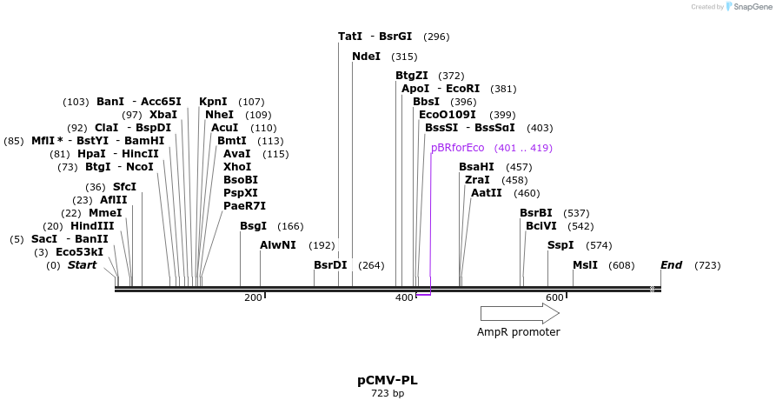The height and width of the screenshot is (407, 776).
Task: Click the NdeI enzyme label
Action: [366, 57]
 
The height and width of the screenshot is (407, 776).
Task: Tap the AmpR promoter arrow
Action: [520, 313]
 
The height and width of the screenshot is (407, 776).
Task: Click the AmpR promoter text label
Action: [519, 332]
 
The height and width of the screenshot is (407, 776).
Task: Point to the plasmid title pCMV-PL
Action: [388, 381]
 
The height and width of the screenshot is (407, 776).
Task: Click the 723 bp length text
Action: [388, 394]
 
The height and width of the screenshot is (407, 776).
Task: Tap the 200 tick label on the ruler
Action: [252, 298]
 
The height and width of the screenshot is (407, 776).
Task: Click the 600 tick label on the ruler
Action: [554, 298]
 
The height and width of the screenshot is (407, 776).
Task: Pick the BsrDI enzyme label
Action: [330, 265]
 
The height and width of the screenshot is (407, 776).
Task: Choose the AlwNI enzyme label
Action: [277, 245]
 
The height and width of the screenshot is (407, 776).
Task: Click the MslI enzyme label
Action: [585, 265]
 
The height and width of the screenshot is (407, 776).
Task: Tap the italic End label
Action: [671, 265]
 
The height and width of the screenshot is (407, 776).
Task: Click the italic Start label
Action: [83, 265]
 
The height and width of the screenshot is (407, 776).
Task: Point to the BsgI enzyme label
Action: [253, 226]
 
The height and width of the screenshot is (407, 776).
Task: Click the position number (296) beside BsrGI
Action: [436, 37]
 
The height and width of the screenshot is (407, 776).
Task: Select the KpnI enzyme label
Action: [213, 102]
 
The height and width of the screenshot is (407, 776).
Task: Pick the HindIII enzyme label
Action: [91, 226]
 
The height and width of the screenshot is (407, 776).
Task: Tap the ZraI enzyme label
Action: [477, 180]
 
